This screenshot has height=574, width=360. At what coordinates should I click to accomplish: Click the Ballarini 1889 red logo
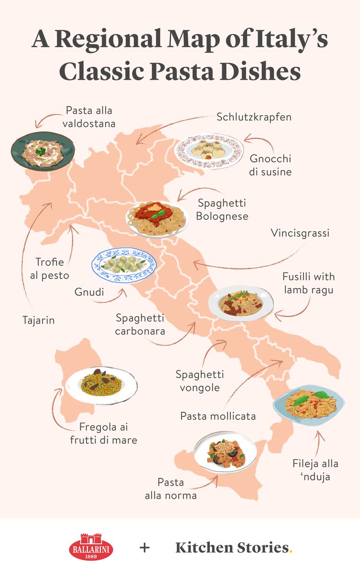click(x=91, y=547)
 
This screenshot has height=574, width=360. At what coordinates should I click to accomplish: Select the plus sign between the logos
click(x=144, y=548)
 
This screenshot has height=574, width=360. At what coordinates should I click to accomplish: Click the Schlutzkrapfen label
click(x=254, y=117)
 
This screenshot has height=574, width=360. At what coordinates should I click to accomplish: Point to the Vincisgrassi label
click(x=300, y=233)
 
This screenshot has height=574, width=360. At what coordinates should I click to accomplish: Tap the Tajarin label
click(x=38, y=320)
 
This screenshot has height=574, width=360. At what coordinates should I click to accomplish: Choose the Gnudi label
click(x=90, y=291)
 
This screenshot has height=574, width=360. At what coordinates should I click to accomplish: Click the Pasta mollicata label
click(x=218, y=415)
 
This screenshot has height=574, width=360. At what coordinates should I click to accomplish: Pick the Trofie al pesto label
click(x=52, y=269)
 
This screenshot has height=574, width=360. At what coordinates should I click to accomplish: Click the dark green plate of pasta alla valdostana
click(x=43, y=150)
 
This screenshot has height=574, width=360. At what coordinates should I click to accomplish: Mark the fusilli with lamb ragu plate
click(x=241, y=304)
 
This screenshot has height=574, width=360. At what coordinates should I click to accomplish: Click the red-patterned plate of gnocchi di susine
click(x=209, y=150)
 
